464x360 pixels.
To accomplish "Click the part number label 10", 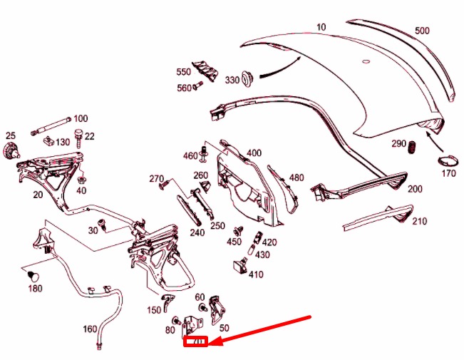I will pyautogui.click(x=321, y=28).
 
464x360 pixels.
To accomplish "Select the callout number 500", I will pyautogui.click(x=423, y=31).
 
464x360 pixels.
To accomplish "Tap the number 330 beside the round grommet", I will pyautogui.click(x=232, y=80).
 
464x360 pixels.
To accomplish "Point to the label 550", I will pyautogui.click(x=184, y=72).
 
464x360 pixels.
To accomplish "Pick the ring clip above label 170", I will pyautogui.click(x=446, y=160).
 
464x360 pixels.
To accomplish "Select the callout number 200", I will pyautogui.click(x=414, y=189).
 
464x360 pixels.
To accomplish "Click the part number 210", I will pyautogui.click(x=419, y=221).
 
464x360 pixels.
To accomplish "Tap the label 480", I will pyautogui.click(x=297, y=178).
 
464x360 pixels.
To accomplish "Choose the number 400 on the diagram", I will pyautogui.click(x=254, y=153).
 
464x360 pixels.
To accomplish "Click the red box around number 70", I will pyautogui.click(x=196, y=343).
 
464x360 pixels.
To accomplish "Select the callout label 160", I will pyautogui.click(x=90, y=329).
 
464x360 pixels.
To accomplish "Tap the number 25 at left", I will pyautogui.click(x=10, y=135).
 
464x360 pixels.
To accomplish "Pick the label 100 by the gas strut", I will pyautogui.click(x=81, y=118).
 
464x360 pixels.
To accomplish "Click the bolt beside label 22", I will pyautogui.click(x=78, y=135).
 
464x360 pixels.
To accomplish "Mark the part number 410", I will pyautogui.click(x=256, y=274).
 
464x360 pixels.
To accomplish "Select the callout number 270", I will pyautogui.click(x=157, y=178).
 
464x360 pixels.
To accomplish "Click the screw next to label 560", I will pyautogui.click(x=200, y=87).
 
